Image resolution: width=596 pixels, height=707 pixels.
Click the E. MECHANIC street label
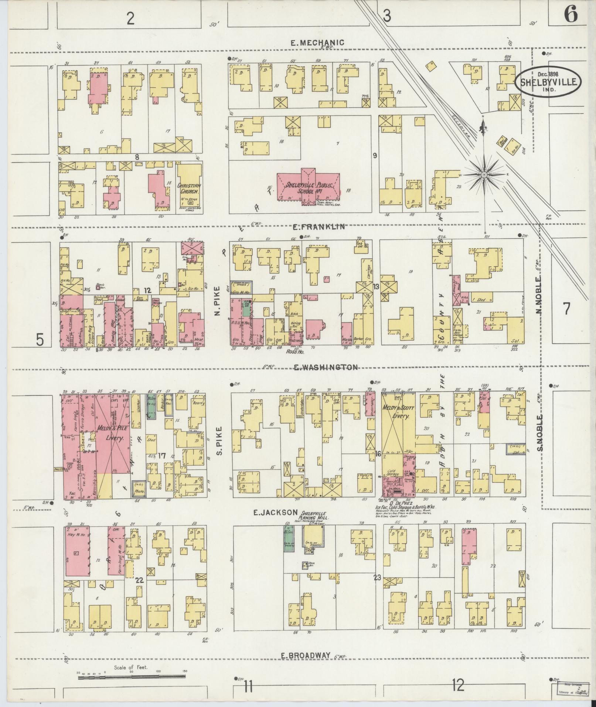(317, 43)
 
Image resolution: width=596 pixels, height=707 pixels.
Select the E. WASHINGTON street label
(325, 367)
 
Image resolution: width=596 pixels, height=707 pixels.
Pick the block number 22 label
(139, 580)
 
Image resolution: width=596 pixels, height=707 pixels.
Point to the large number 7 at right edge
(567, 309)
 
